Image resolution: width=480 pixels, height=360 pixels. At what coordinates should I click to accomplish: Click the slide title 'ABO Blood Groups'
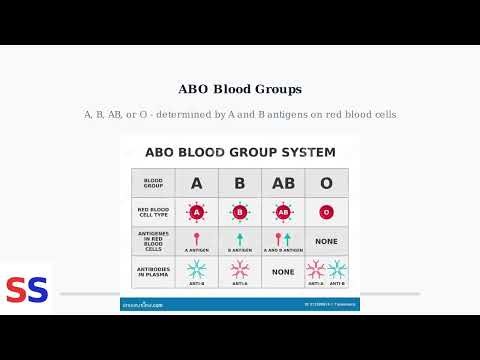click(239, 88)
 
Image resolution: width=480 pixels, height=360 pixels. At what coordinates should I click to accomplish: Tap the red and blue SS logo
click(27, 290)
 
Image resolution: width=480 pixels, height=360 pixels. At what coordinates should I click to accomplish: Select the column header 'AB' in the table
click(283, 183)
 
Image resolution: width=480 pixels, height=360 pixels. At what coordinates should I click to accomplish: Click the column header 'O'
click(326, 183)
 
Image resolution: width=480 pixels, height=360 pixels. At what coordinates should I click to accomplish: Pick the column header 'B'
click(239, 183)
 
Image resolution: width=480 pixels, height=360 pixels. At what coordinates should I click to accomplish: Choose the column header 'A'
click(197, 183)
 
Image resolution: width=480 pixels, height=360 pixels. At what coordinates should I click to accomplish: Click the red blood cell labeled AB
click(283, 212)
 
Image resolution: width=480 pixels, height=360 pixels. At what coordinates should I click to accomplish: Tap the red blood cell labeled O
click(326, 212)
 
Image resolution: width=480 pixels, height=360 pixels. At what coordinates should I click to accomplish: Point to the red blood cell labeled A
click(197, 212)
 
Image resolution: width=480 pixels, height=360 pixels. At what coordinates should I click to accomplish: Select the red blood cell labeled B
click(239, 212)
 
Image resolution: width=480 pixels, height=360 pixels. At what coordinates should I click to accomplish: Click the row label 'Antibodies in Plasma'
click(153, 271)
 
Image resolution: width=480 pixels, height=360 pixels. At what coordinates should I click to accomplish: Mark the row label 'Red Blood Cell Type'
click(153, 212)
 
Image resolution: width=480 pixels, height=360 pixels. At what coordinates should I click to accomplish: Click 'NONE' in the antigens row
click(326, 241)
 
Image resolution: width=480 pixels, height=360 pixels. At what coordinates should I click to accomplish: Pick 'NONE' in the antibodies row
click(283, 271)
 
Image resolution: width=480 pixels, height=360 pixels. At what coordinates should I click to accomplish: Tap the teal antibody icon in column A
click(197, 268)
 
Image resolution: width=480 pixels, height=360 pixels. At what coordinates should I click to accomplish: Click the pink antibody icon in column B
click(239, 268)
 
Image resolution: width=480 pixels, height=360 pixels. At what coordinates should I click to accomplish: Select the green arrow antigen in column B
click(239, 238)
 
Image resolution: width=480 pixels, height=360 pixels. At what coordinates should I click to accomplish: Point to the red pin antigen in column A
click(197, 238)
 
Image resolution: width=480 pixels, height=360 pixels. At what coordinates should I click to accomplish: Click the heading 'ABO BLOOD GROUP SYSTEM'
click(239, 153)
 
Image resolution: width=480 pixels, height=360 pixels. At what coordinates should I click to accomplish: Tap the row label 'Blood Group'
click(153, 183)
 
